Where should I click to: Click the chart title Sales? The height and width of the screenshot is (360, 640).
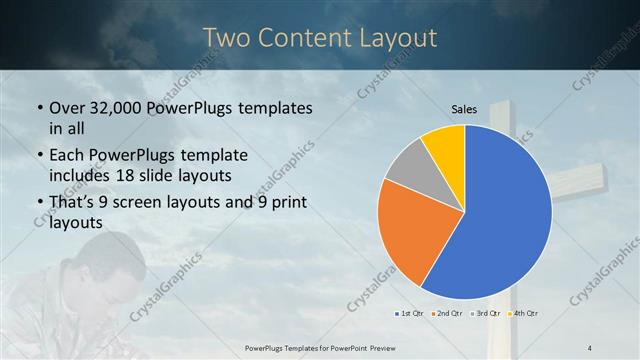(x=464, y=109)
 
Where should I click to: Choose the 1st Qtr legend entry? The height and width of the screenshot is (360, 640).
(x=410, y=314)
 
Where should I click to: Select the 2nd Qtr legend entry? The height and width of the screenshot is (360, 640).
(x=447, y=314)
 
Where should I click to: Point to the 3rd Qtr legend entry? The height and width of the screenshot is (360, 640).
(x=485, y=314)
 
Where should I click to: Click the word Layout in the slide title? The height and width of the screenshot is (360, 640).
(x=396, y=38)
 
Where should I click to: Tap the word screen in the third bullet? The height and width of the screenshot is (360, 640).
(x=149, y=204)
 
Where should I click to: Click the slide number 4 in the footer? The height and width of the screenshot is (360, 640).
(x=590, y=347)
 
